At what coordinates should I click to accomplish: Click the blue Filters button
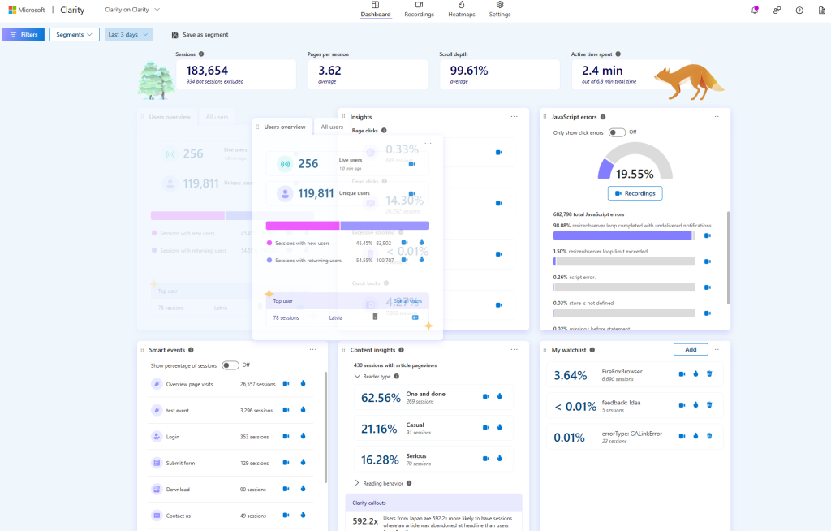coord(23,35)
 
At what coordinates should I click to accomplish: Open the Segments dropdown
coord(74,35)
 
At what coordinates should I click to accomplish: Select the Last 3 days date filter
coord(128,35)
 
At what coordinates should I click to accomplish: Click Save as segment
coord(200,35)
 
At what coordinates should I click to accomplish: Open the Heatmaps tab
coord(461,10)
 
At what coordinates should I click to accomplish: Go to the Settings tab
coord(500,10)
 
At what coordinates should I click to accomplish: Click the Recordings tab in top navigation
coord(419,10)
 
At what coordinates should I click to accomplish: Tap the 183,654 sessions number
coord(207,71)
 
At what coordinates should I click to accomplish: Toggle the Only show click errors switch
coord(617,132)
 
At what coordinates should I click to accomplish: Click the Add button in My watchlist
coord(691,349)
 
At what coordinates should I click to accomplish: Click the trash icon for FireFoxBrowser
coord(708,374)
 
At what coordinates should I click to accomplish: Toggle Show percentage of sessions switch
coord(230,365)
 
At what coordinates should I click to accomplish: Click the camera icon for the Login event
coord(286,436)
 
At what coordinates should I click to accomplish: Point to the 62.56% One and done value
coord(381,398)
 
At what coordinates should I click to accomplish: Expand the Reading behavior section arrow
coord(357,482)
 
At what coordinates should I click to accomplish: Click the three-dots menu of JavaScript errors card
coord(715,116)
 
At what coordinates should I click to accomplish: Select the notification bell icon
coord(755,10)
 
